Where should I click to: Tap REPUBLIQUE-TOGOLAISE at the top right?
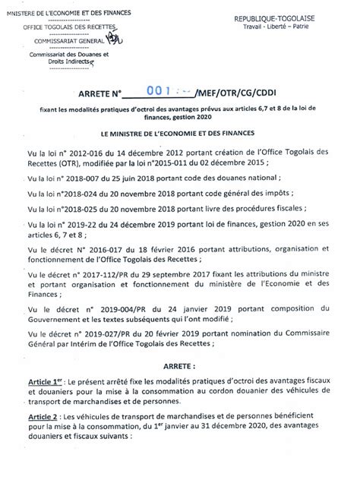[293, 16]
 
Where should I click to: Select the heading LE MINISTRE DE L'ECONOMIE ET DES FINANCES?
[179, 132]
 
